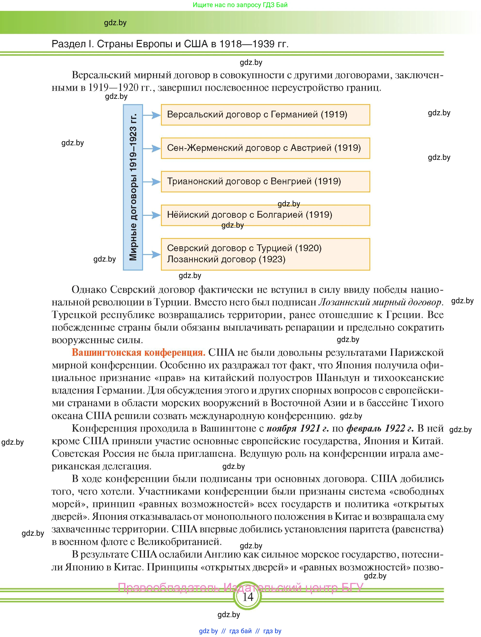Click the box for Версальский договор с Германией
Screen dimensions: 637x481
click(265, 115)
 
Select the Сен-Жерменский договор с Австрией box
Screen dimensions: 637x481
click(265, 148)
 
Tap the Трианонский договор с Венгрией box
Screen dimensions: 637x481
click(265, 181)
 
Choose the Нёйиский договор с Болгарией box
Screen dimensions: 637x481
click(265, 215)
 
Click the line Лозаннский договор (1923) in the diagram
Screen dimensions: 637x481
click(226, 259)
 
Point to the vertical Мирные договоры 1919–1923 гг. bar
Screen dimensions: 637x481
click(133, 187)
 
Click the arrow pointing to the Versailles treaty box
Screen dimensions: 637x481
click(152, 115)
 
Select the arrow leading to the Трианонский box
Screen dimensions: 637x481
click(152, 182)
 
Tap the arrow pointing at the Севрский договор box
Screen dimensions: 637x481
click(152, 254)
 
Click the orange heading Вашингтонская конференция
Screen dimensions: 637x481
click(138, 352)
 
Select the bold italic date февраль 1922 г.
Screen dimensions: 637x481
click(380, 428)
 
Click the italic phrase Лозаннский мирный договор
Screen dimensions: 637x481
click(380, 302)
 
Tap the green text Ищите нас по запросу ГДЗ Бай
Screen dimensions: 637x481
click(240, 5)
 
